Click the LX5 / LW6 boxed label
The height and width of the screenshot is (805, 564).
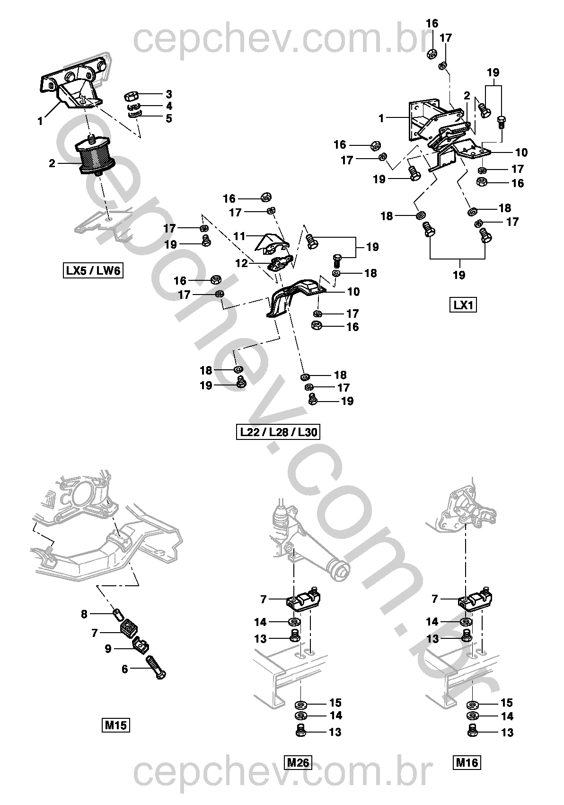click(x=93, y=271)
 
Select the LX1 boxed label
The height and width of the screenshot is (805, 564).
click(x=463, y=305)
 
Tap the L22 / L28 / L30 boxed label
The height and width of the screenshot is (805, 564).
click(x=278, y=432)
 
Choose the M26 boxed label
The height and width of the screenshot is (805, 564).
click(x=298, y=762)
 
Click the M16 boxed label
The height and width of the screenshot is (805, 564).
click(x=467, y=762)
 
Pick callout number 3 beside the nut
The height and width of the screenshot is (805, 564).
click(x=168, y=94)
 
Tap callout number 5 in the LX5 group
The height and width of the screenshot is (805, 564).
click(x=168, y=118)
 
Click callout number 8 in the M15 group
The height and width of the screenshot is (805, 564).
click(x=84, y=614)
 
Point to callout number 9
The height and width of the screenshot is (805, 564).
click(x=108, y=649)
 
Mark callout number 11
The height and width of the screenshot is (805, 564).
click(x=239, y=236)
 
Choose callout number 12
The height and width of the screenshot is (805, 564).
click(x=241, y=263)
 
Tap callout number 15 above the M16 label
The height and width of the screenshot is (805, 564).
click(x=506, y=703)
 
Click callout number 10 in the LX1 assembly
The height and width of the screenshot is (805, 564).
click(x=521, y=152)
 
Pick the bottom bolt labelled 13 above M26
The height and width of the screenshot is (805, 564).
click(x=301, y=731)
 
